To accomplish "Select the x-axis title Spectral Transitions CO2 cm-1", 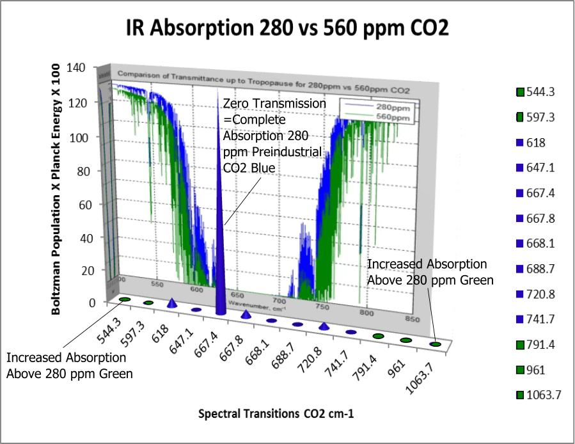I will (276, 414).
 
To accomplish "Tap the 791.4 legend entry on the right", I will (540, 344).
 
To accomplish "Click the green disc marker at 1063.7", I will (436, 344).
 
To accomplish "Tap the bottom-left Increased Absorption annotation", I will (67, 365).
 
